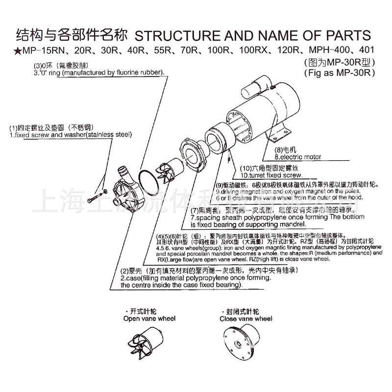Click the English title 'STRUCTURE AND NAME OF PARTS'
(x=253, y=36)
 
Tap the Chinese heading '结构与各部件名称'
(x=72, y=36)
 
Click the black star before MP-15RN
(x=18, y=51)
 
